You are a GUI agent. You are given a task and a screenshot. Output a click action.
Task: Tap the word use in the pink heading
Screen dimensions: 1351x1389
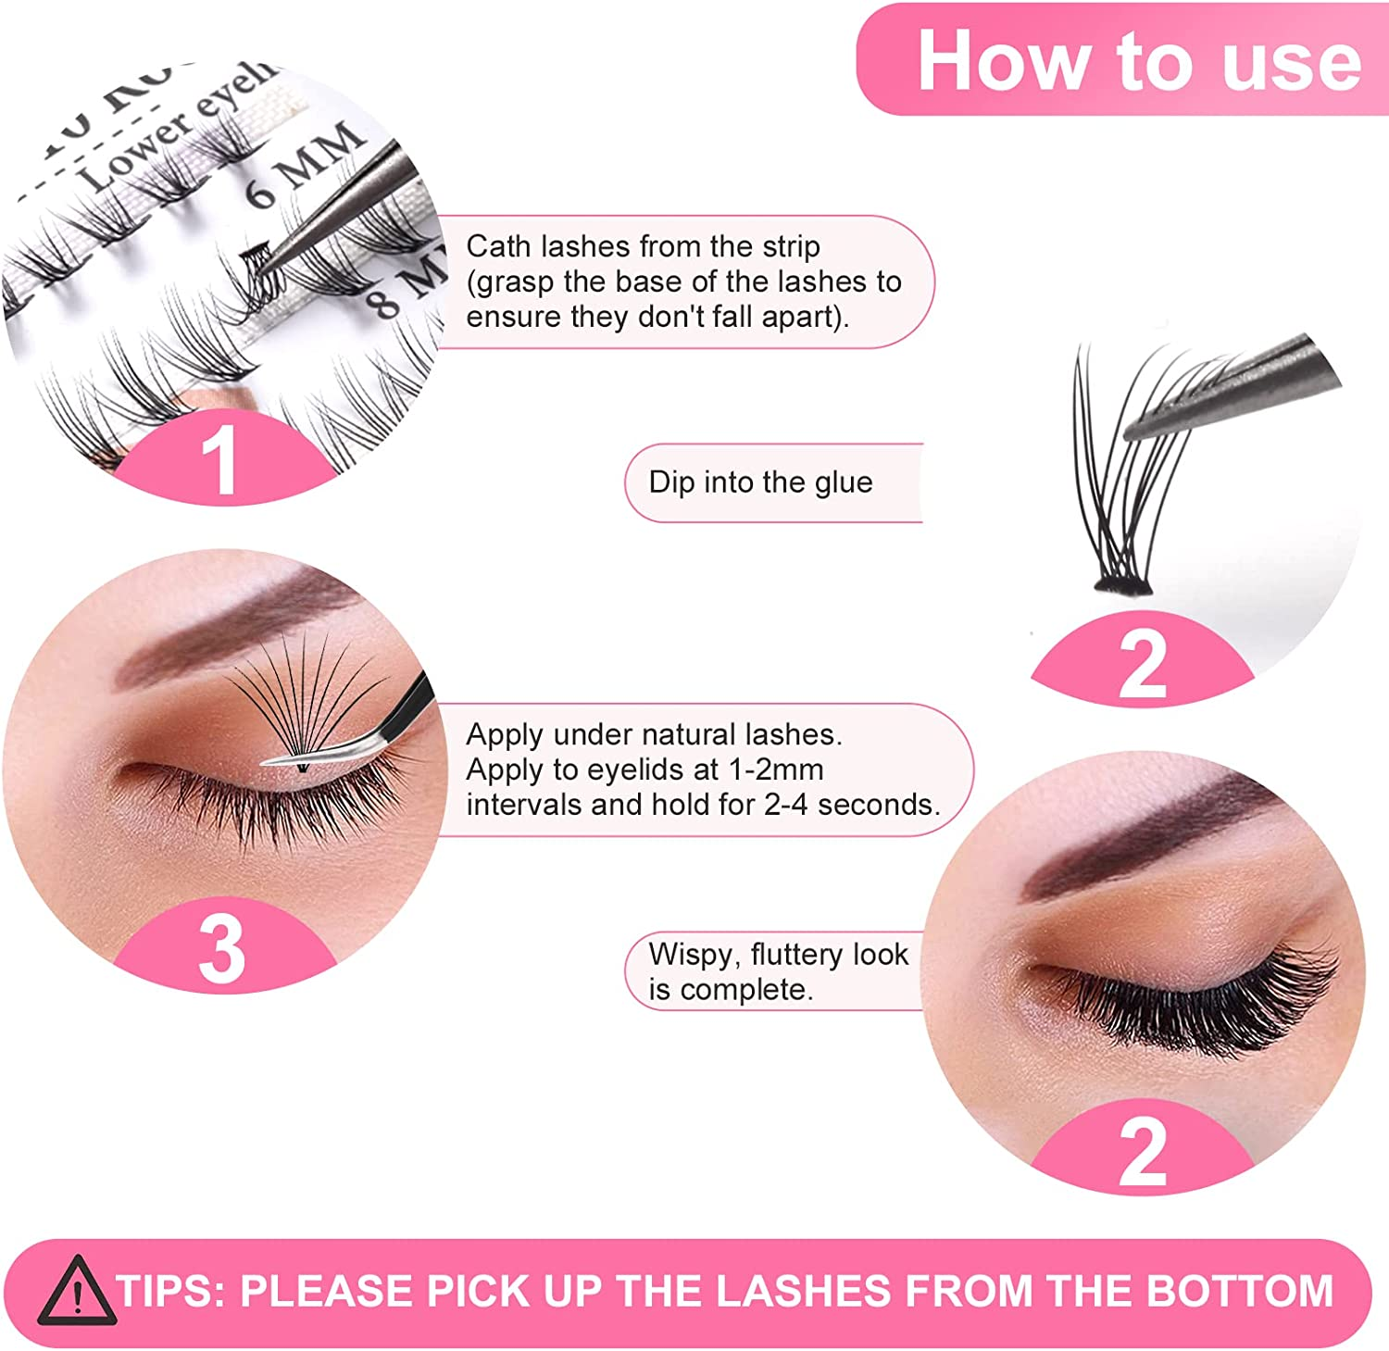1291,61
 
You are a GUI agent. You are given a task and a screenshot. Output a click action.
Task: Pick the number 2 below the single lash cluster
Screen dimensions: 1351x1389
1142,664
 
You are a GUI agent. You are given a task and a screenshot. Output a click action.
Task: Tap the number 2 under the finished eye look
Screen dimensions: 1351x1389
1142,1152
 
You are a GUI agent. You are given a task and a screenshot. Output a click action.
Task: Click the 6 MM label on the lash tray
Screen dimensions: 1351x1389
306,167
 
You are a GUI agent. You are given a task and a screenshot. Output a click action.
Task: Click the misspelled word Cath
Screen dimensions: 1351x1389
498,246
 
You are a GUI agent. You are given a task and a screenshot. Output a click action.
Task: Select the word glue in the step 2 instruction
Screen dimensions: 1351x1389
843,482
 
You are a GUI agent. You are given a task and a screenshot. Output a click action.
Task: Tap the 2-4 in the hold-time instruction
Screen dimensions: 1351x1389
786,805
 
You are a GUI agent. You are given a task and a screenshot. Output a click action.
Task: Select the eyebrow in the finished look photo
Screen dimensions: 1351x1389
1157,833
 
